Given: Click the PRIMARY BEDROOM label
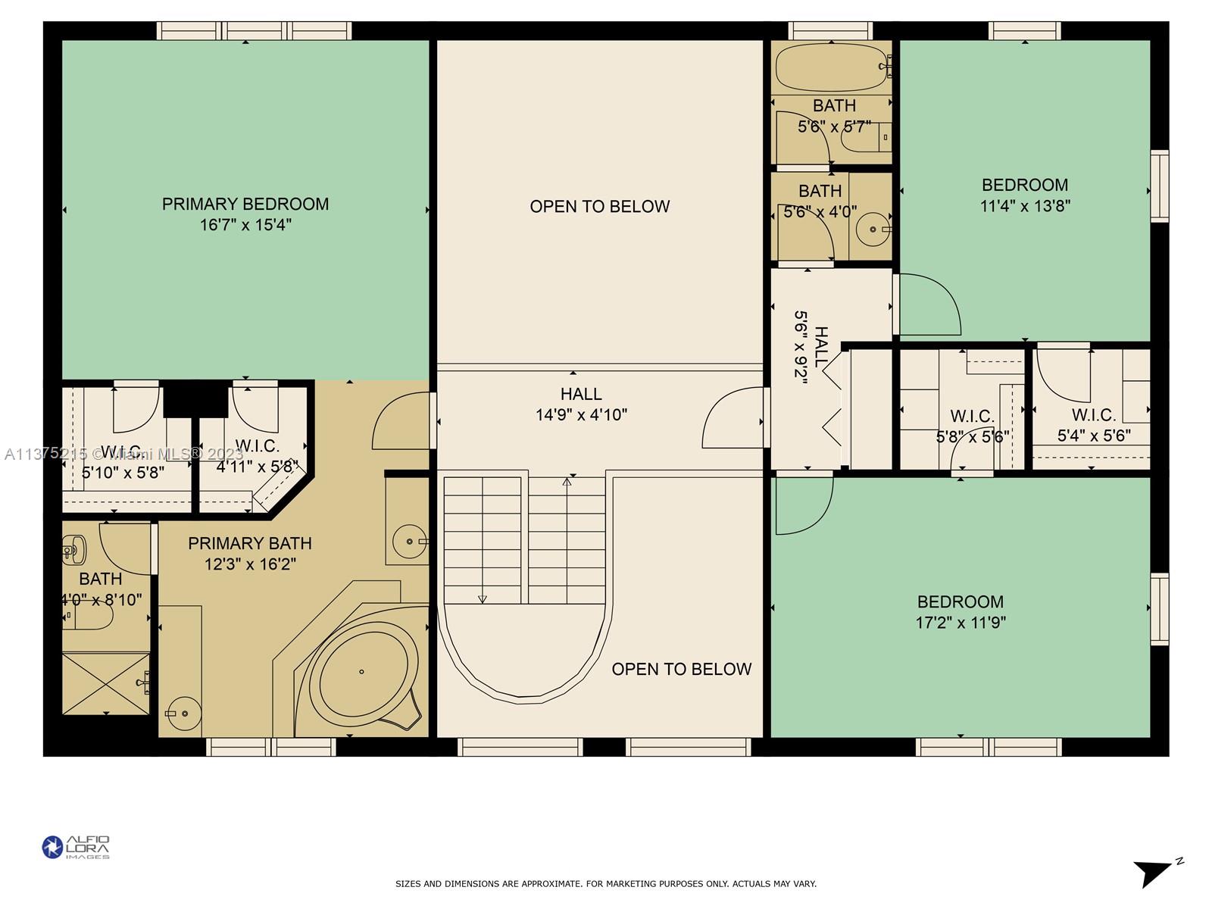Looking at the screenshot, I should pos(245,204).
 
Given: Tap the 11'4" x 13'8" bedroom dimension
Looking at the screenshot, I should pos(1025,206).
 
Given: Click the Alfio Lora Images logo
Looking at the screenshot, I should pos(76,847).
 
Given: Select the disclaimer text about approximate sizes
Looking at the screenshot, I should pos(606,884).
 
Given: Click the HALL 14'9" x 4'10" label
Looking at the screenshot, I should pos(581,404).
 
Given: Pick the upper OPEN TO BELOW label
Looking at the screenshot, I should pos(599,206).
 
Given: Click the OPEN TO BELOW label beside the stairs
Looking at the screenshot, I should pos(681,669).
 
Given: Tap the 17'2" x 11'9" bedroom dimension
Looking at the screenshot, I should pos(961,623).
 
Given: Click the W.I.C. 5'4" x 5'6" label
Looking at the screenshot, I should pos(1094,425).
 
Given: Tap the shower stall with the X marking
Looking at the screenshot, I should pos(106,683).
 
